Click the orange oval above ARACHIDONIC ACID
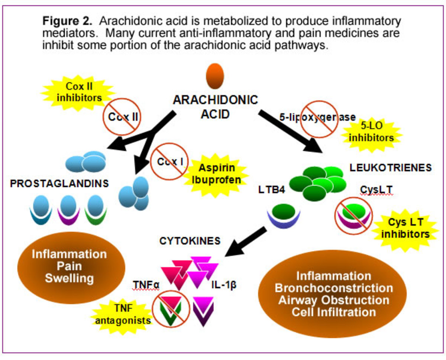tap(215, 76)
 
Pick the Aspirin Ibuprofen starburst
tap(217, 173)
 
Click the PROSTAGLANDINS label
tap(59, 184)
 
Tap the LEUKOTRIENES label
tap(390, 168)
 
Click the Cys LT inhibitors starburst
tap(405, 228)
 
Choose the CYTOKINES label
tap(190, 241)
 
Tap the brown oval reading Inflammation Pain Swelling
tap(69, 266)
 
